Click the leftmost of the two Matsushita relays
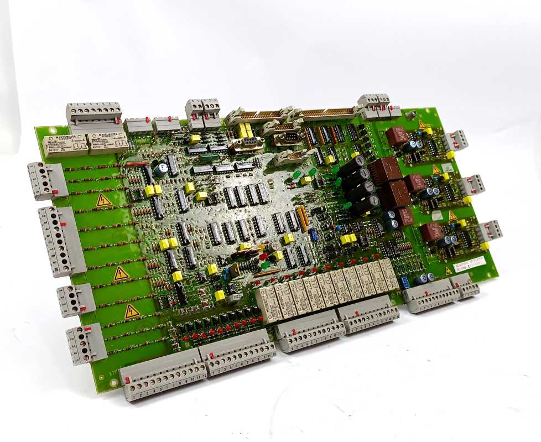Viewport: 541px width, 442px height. pos(64,145)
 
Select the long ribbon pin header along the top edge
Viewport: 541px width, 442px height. pos(327,113)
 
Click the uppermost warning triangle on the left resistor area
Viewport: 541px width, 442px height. pos(103,200)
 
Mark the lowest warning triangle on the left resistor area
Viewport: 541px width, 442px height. pos(132,311)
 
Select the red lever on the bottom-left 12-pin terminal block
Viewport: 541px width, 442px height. pos(128,381)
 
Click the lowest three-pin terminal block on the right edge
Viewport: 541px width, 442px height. pos(490,231)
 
